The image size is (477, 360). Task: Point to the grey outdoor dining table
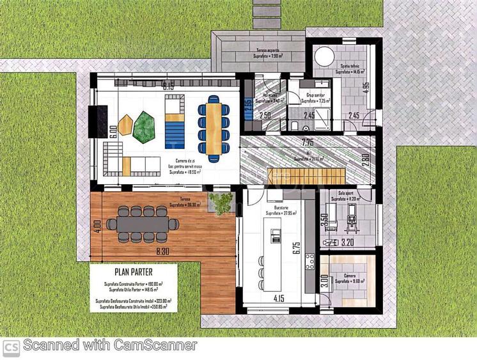143,223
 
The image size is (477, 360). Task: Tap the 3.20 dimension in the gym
347,243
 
